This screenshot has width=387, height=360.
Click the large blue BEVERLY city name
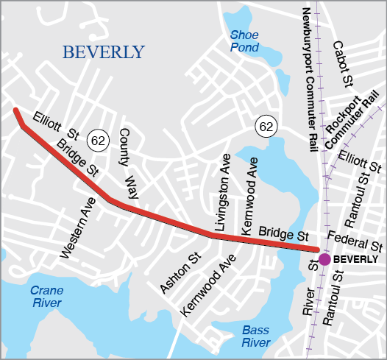[x=104, y=52]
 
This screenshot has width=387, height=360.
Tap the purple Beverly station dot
[x=324, y=258]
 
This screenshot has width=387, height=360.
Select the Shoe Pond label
[x=244, y=41]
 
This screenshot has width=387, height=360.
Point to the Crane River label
[x=46, y=297]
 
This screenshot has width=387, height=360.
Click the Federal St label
[x=356, y=239]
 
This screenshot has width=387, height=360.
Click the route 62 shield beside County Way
[x=97, y=138]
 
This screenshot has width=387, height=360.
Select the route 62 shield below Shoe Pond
[x=266, y=127]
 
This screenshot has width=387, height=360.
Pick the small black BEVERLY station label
[x=355, y=260]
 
